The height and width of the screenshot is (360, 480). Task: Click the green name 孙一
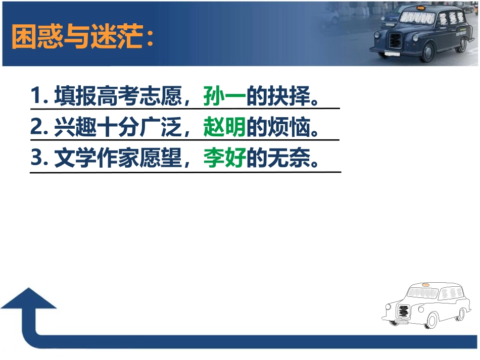pos(224,95)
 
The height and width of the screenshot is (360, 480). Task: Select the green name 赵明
pos(224,128)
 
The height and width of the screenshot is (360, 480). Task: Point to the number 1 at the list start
pos(35,96)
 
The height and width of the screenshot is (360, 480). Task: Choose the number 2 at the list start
pos(35,128)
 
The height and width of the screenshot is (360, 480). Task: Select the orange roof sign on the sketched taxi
pos(425,285)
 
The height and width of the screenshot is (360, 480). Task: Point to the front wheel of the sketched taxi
pos(433,320)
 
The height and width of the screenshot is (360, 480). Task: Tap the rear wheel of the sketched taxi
pos(460,314)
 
